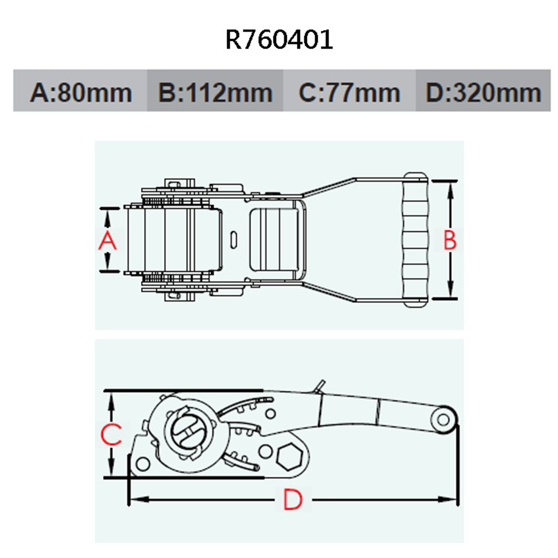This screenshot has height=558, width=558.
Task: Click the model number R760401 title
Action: tap(279, 40)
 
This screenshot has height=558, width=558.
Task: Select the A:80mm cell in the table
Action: tap(81, 92)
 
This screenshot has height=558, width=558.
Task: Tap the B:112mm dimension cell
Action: tap(215, 92)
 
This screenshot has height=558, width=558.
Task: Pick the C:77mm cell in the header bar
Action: tap(349, 92)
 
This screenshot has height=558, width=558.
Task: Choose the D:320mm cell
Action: tap(483, 92)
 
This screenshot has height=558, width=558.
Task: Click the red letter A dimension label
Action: tap(108, 241)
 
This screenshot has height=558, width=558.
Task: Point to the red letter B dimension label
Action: tap(450, 241)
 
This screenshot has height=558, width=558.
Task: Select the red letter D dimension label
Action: tap(292, 499)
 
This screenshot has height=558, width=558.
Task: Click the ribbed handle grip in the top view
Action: tap(416, 240)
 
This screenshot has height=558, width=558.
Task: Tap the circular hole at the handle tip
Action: tap(445, 420)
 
